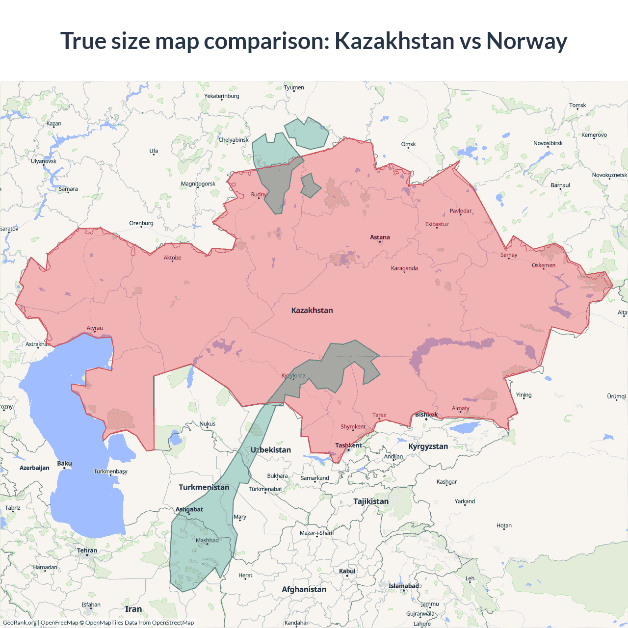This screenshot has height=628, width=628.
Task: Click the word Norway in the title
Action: pos(526,41)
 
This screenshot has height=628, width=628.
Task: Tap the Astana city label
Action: pos(380,237)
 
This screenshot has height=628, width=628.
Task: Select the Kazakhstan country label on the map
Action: pos(312,311)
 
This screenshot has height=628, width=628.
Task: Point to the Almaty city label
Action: pos(460,408)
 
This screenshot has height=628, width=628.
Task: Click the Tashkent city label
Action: pos(348,445)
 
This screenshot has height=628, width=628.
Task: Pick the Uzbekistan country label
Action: pos(271,450)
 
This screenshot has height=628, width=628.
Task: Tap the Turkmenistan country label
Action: pos(204,487)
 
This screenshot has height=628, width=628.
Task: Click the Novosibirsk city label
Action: pos(548,143)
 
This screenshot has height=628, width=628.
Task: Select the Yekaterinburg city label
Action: pos(222,96)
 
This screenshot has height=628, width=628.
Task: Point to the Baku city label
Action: pos(64,464)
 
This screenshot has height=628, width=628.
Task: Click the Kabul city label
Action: pos(347,571)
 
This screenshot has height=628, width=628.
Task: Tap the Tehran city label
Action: pos(87,550)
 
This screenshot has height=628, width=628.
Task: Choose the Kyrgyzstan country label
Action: pos(428,446)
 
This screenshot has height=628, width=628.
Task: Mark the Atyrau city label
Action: pos(95,328)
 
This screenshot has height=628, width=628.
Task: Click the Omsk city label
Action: pos(408,144)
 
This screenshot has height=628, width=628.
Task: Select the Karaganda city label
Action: pos(404,268)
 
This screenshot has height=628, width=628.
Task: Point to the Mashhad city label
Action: pos(207,541)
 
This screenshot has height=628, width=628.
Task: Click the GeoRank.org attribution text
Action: pos(20,623)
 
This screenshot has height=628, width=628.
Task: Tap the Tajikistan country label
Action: pos(371,501)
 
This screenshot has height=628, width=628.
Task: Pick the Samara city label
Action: pos(68,189)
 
